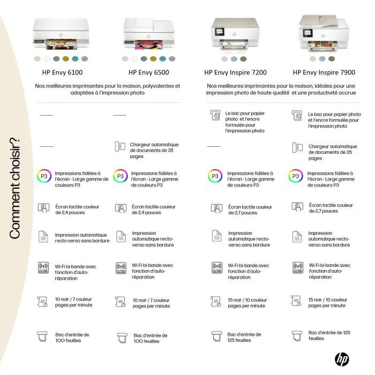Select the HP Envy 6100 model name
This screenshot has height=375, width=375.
(x=62, y=72)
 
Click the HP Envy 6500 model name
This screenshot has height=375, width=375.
(x=148, y=72)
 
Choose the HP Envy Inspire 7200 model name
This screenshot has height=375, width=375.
(x=235, y=72)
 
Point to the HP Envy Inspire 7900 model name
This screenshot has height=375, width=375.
(x=324, y=72)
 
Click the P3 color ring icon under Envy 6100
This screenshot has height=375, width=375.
(x=44, y=177)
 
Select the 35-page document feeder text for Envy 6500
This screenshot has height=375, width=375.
(x=154, y=151)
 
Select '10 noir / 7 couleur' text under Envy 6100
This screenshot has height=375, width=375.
(x=74, y=302)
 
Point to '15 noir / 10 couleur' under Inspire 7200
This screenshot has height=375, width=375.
(x=247, y=303)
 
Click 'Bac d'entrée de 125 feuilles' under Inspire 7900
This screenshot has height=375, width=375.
(x=329, y=335)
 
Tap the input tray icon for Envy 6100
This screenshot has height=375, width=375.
(x=43, y=337)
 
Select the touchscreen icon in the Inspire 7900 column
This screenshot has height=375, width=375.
(x=297, y=206)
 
